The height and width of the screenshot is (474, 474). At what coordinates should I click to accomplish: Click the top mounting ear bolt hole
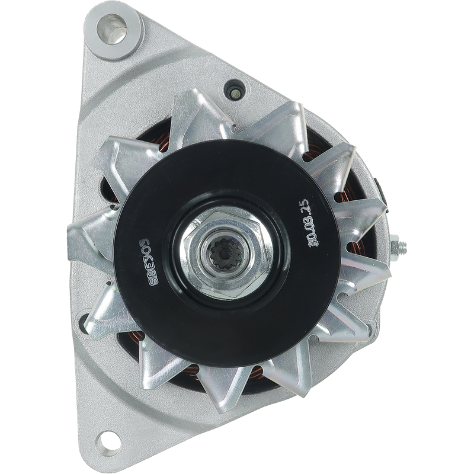coord(111,29)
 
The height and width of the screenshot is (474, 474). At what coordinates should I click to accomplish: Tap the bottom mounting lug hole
coord(108,443)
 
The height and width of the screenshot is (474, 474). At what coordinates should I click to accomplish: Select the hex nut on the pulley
coord(225,253)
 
